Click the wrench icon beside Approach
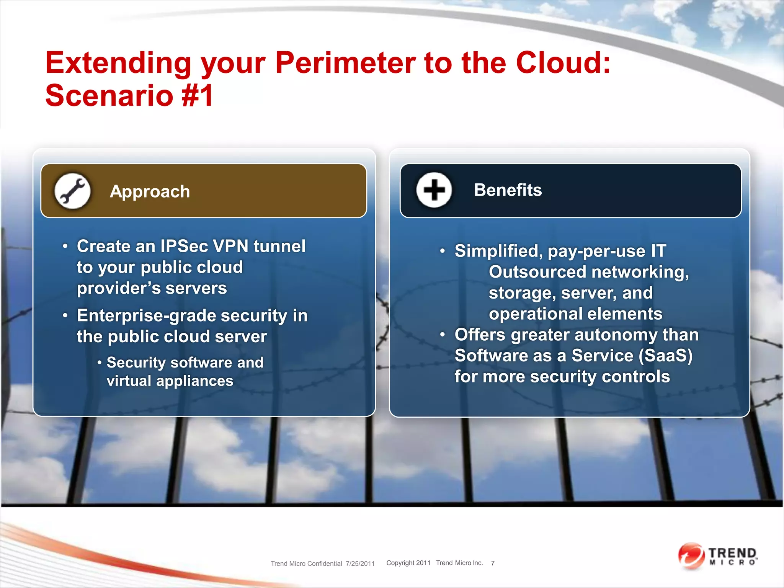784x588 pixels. click(x=72, y=191)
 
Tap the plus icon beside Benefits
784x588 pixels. click(x=434, y=190)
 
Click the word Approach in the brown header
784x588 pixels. click(x=150, y=191)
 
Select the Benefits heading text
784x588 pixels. click(x=508, y=190)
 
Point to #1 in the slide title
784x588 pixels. click(x=198, y=95)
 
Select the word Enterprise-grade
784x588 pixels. click(x=147, y=316)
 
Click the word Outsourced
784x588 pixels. click(x=537, y=272)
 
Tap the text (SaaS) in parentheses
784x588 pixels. click(x=666, y=356)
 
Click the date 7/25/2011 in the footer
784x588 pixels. click(x=360, y=563)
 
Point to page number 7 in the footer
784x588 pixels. click(x=493, y=563)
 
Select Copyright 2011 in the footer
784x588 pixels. click(x=408, y=563)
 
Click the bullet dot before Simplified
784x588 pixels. click(x=443, y=251)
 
